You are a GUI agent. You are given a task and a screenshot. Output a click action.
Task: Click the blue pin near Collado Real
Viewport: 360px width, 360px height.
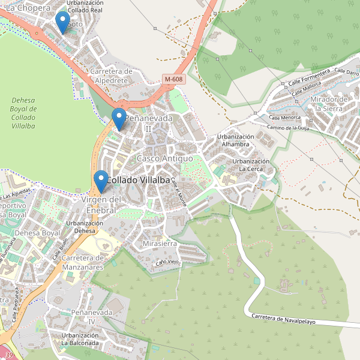(62, 23)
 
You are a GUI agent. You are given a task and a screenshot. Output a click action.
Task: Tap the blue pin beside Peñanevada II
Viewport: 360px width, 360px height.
(119, 118)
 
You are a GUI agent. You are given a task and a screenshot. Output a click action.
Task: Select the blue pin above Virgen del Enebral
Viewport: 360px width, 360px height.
(101, 181)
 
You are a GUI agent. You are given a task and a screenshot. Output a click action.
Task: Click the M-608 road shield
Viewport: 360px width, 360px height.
(173, 79)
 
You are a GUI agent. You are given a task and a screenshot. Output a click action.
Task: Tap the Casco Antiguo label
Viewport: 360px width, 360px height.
(164, 158)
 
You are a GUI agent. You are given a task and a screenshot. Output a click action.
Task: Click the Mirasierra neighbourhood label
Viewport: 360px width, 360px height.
(160, 244)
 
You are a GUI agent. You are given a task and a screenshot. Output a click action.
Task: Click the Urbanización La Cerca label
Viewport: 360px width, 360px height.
(251, 165)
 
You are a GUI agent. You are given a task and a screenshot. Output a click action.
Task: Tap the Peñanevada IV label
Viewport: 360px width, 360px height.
(92, 317)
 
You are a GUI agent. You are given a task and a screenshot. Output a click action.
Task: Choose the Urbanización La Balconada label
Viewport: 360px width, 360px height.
(79, 339)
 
